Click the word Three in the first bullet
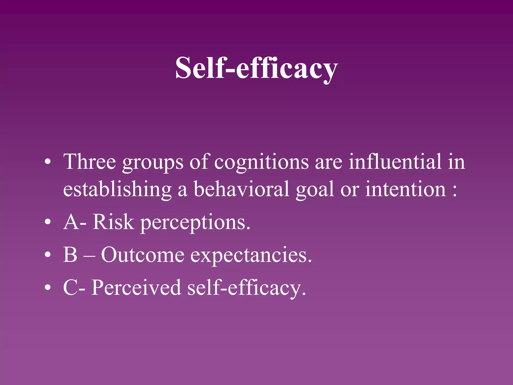(x=89, y=162)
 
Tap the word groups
(x=153, y=163)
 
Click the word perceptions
(x=195, y=223)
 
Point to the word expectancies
(x=251, y=256)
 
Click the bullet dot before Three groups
(x=48, y=162)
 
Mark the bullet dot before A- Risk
(x=48, y=222)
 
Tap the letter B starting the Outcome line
(x=70, y=255)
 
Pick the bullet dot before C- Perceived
(x=48, y=287)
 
